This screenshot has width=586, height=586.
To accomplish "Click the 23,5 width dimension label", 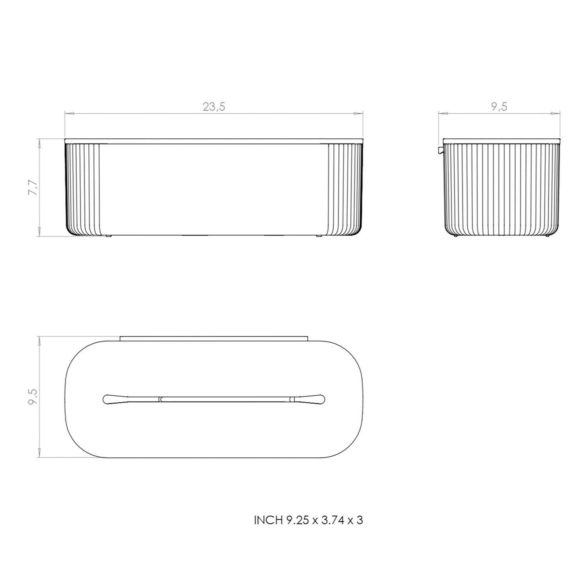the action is [x=214, y=106].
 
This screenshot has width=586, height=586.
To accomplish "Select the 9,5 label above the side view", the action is [x=499, y=106].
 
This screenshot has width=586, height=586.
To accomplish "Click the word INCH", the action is [x=268, y=520].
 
